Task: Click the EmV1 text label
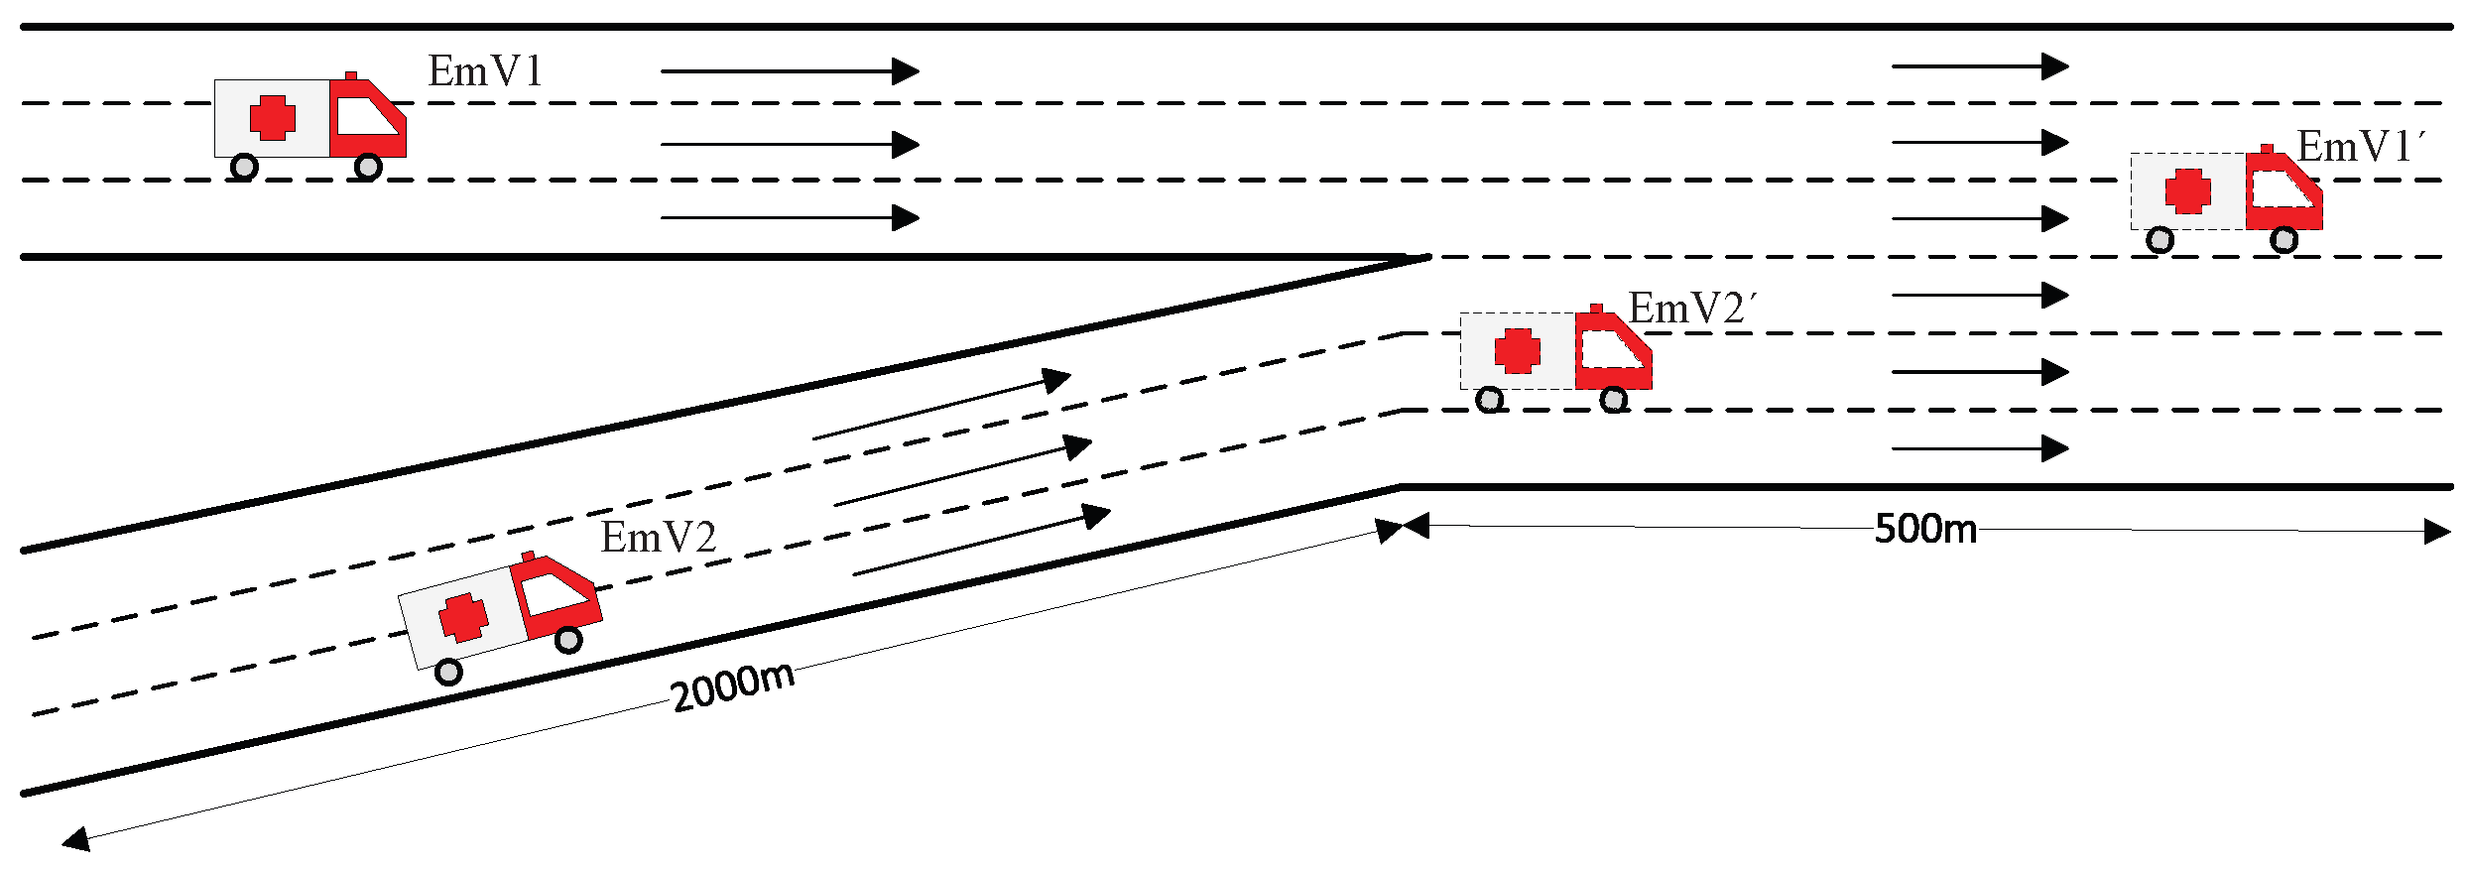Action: (485, 71)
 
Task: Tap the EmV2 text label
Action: (658, 538)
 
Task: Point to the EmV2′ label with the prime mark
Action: (1691, 309)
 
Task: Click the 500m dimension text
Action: (1925, 529)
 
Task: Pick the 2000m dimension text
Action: (732, 685)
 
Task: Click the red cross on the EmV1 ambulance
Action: (272, 117)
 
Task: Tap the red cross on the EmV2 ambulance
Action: (463, 617)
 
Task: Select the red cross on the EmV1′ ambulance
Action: (2187, 190)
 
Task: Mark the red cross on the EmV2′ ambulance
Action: (1517, 351)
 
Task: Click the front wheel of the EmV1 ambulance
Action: (368, 167)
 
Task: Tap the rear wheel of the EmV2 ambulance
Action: (448, 673)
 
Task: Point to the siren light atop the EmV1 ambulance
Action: (350, 75)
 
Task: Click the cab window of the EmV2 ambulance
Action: (554, 592)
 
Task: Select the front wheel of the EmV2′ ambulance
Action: (1614, 400)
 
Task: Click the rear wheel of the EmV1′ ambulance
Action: (2159, 240)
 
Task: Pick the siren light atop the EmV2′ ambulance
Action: (1596, 309)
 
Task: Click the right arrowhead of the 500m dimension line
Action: (2437, 532)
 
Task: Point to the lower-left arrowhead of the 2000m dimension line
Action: (74, 841)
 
